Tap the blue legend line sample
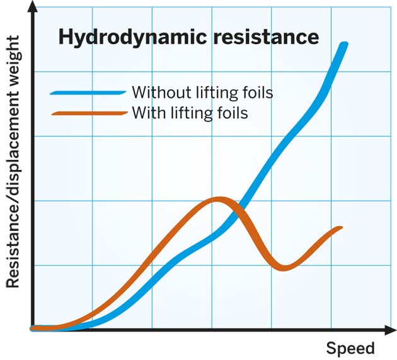88,93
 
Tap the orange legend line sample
88,114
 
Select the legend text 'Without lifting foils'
202,93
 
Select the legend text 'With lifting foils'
189,113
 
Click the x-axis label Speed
350,348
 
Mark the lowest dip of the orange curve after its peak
284,267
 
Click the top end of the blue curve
344,44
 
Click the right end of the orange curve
341,228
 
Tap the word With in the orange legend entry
147,113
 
